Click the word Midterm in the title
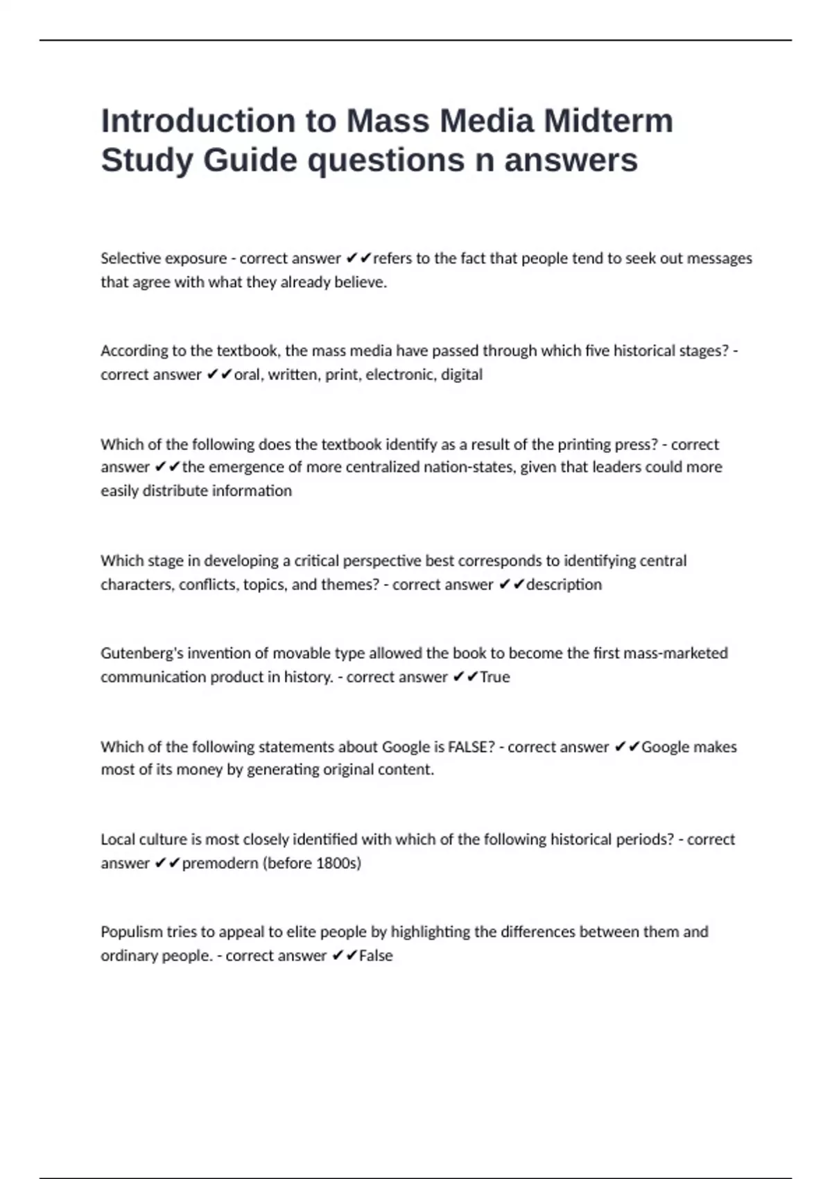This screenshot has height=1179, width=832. pyautogui.click(x=608, y=121)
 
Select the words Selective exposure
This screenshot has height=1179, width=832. pyautogui.click(x=164, y=259)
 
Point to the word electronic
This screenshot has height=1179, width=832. pyautogui.click(x=401, y=375)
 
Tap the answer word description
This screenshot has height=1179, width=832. pyautogui.click(x=564, y=585)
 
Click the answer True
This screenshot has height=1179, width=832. pyautogui.click(x=494, y=677)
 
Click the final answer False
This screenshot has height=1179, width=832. pyautogui.click(x=376, y=956)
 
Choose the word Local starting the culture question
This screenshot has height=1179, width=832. pyautogui.click(x=118, y=840)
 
